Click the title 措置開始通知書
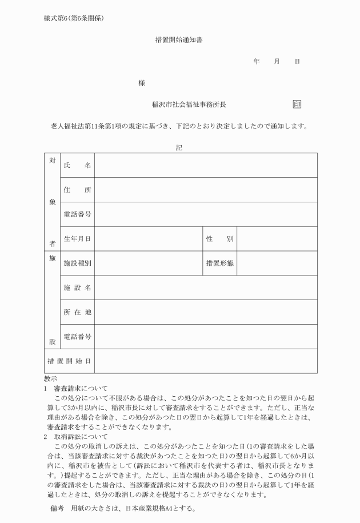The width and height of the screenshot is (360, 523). [179, 40]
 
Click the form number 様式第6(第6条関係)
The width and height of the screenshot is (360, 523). [74, 17]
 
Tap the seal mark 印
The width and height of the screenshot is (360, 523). [297, 104]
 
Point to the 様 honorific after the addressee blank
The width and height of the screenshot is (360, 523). [142, 83]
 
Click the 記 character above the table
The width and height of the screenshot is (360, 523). [179, 147]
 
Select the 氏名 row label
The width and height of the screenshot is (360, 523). [77, 165]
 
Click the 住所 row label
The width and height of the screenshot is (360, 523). [77, 190]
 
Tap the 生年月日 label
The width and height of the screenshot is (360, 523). [77, 239]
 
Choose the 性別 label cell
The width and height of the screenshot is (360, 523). [219, 239]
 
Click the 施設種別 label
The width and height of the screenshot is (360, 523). [77, 264]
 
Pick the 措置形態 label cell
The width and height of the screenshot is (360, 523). [219, 264]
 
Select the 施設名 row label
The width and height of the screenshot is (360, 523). [77, 288]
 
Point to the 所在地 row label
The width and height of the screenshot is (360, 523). [77, 312]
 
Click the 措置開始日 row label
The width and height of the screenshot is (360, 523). [69, 361]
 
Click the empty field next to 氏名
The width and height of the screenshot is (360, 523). [206, 165]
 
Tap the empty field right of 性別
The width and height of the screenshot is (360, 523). [277, 239]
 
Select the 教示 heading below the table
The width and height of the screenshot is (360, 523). [50, 378]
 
